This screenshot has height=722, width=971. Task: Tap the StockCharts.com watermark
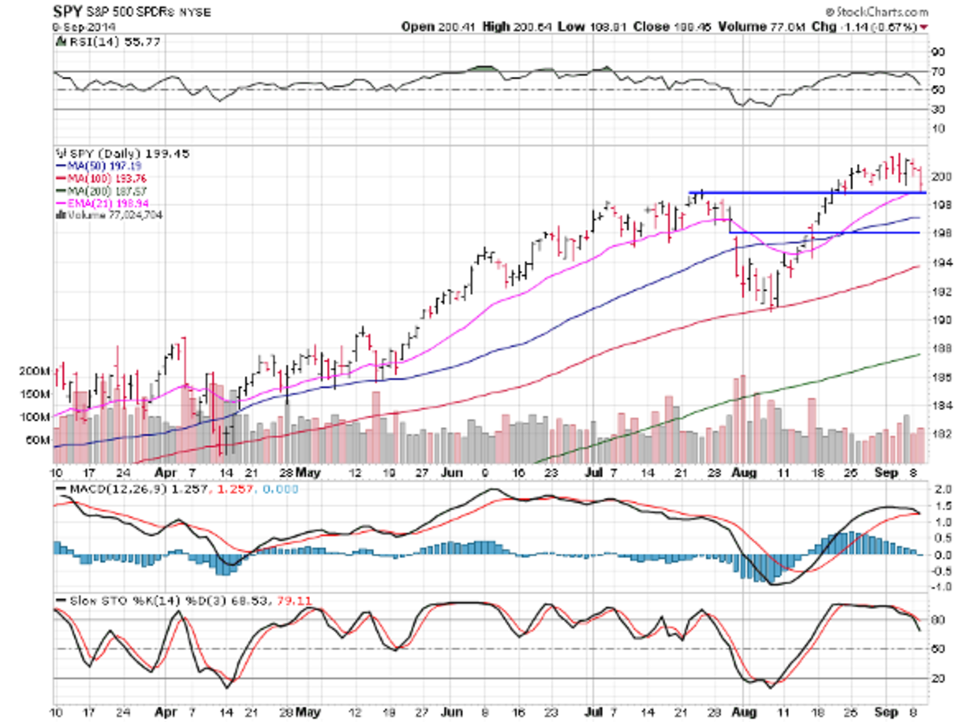coord(881,12)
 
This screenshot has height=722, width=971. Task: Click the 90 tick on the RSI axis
coord(939,52)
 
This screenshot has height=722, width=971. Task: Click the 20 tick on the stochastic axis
coord(939,678)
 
